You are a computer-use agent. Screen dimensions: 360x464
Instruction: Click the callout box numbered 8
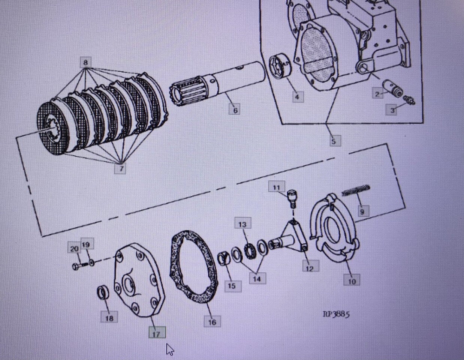(85, 62)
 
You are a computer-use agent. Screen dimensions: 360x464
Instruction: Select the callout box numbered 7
(121, 169)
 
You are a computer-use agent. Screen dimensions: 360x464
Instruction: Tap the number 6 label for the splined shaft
(235, 110)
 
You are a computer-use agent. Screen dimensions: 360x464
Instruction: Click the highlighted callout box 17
(157, 333)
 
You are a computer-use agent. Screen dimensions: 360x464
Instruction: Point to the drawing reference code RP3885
(336, 314)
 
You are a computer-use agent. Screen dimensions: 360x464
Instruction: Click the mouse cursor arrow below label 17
(170, 349)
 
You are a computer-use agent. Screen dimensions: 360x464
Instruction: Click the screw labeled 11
(291, 198)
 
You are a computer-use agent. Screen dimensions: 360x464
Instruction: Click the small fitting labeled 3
(409, 100)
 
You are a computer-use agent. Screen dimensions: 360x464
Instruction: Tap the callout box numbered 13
(242, 224)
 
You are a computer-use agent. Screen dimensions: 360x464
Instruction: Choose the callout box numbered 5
(334, 141)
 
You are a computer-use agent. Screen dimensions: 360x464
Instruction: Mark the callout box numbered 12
(310, 268)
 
